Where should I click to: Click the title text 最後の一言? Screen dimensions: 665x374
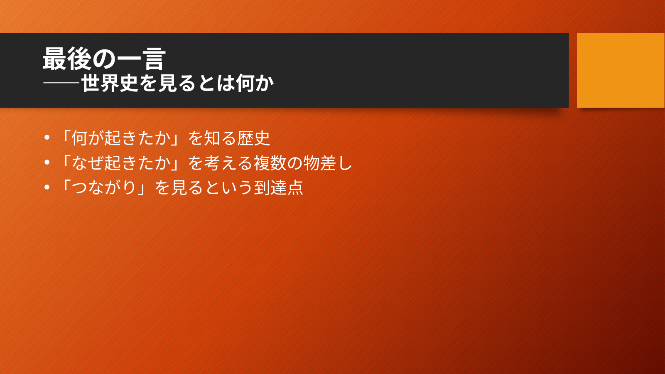point(104,59)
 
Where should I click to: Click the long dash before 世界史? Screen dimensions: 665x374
point(61,83)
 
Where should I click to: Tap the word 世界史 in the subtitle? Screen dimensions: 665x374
point(110,83)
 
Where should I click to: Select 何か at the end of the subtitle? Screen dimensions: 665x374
point(255,83)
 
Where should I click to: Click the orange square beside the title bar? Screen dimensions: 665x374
point(621,70)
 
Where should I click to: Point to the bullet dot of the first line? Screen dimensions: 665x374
point(47,138)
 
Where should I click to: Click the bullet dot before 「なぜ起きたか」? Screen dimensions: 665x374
point(47,162)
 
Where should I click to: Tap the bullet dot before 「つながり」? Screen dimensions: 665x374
point(47,187)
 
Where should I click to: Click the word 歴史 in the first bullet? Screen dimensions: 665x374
point(253,138)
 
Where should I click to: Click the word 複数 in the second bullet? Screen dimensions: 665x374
point(270,163)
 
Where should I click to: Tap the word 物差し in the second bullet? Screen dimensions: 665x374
point(328,163)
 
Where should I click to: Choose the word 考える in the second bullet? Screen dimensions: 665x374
point(228,163)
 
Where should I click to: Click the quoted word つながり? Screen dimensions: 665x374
point(104,187)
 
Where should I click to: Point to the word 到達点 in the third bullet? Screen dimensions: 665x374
point(278,187)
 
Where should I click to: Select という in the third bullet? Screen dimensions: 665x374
point(228,187)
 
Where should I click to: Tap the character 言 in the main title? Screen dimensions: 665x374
point(154,59)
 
